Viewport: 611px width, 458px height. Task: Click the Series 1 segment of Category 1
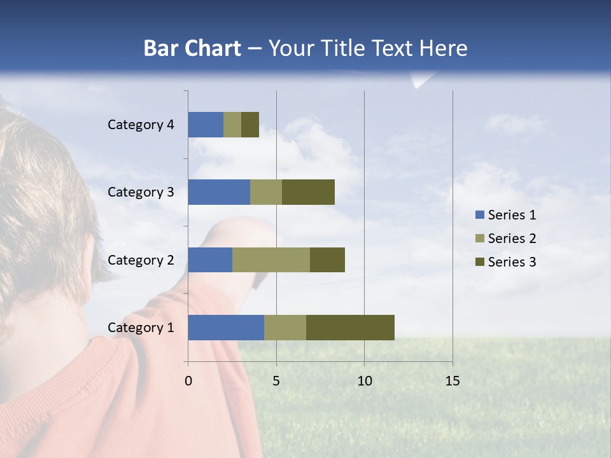click(226, 328)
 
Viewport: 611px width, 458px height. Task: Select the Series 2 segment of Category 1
click(285, 328)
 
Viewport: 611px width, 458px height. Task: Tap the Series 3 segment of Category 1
click(350, 328)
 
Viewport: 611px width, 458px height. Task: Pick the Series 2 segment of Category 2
click(271, 260)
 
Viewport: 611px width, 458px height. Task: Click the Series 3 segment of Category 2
click(327, 260)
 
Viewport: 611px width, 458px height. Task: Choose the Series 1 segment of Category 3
click(219, 192)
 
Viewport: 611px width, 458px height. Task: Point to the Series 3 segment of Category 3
click(308, 192)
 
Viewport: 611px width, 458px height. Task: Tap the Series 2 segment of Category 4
click(232, 125)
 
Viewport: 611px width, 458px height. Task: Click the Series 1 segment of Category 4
click(206, 125)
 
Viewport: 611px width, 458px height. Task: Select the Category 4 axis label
click(141, 125)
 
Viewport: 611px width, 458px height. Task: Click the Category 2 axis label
click(141, 260)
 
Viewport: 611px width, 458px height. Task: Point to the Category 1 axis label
click(141, 328)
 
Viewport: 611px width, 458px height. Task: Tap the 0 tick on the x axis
click(188, 381)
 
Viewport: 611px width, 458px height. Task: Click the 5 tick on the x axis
click(276, 381)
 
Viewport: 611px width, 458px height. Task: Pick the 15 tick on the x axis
click(453, 381)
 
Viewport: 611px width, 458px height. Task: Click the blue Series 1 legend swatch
click(480, 215)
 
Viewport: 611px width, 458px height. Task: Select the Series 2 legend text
click(512, 239)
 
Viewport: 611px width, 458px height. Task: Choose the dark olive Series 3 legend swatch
click(480, 262)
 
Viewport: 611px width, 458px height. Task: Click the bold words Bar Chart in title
click(192, 48)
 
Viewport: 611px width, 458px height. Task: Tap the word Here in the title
click(444, 48)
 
